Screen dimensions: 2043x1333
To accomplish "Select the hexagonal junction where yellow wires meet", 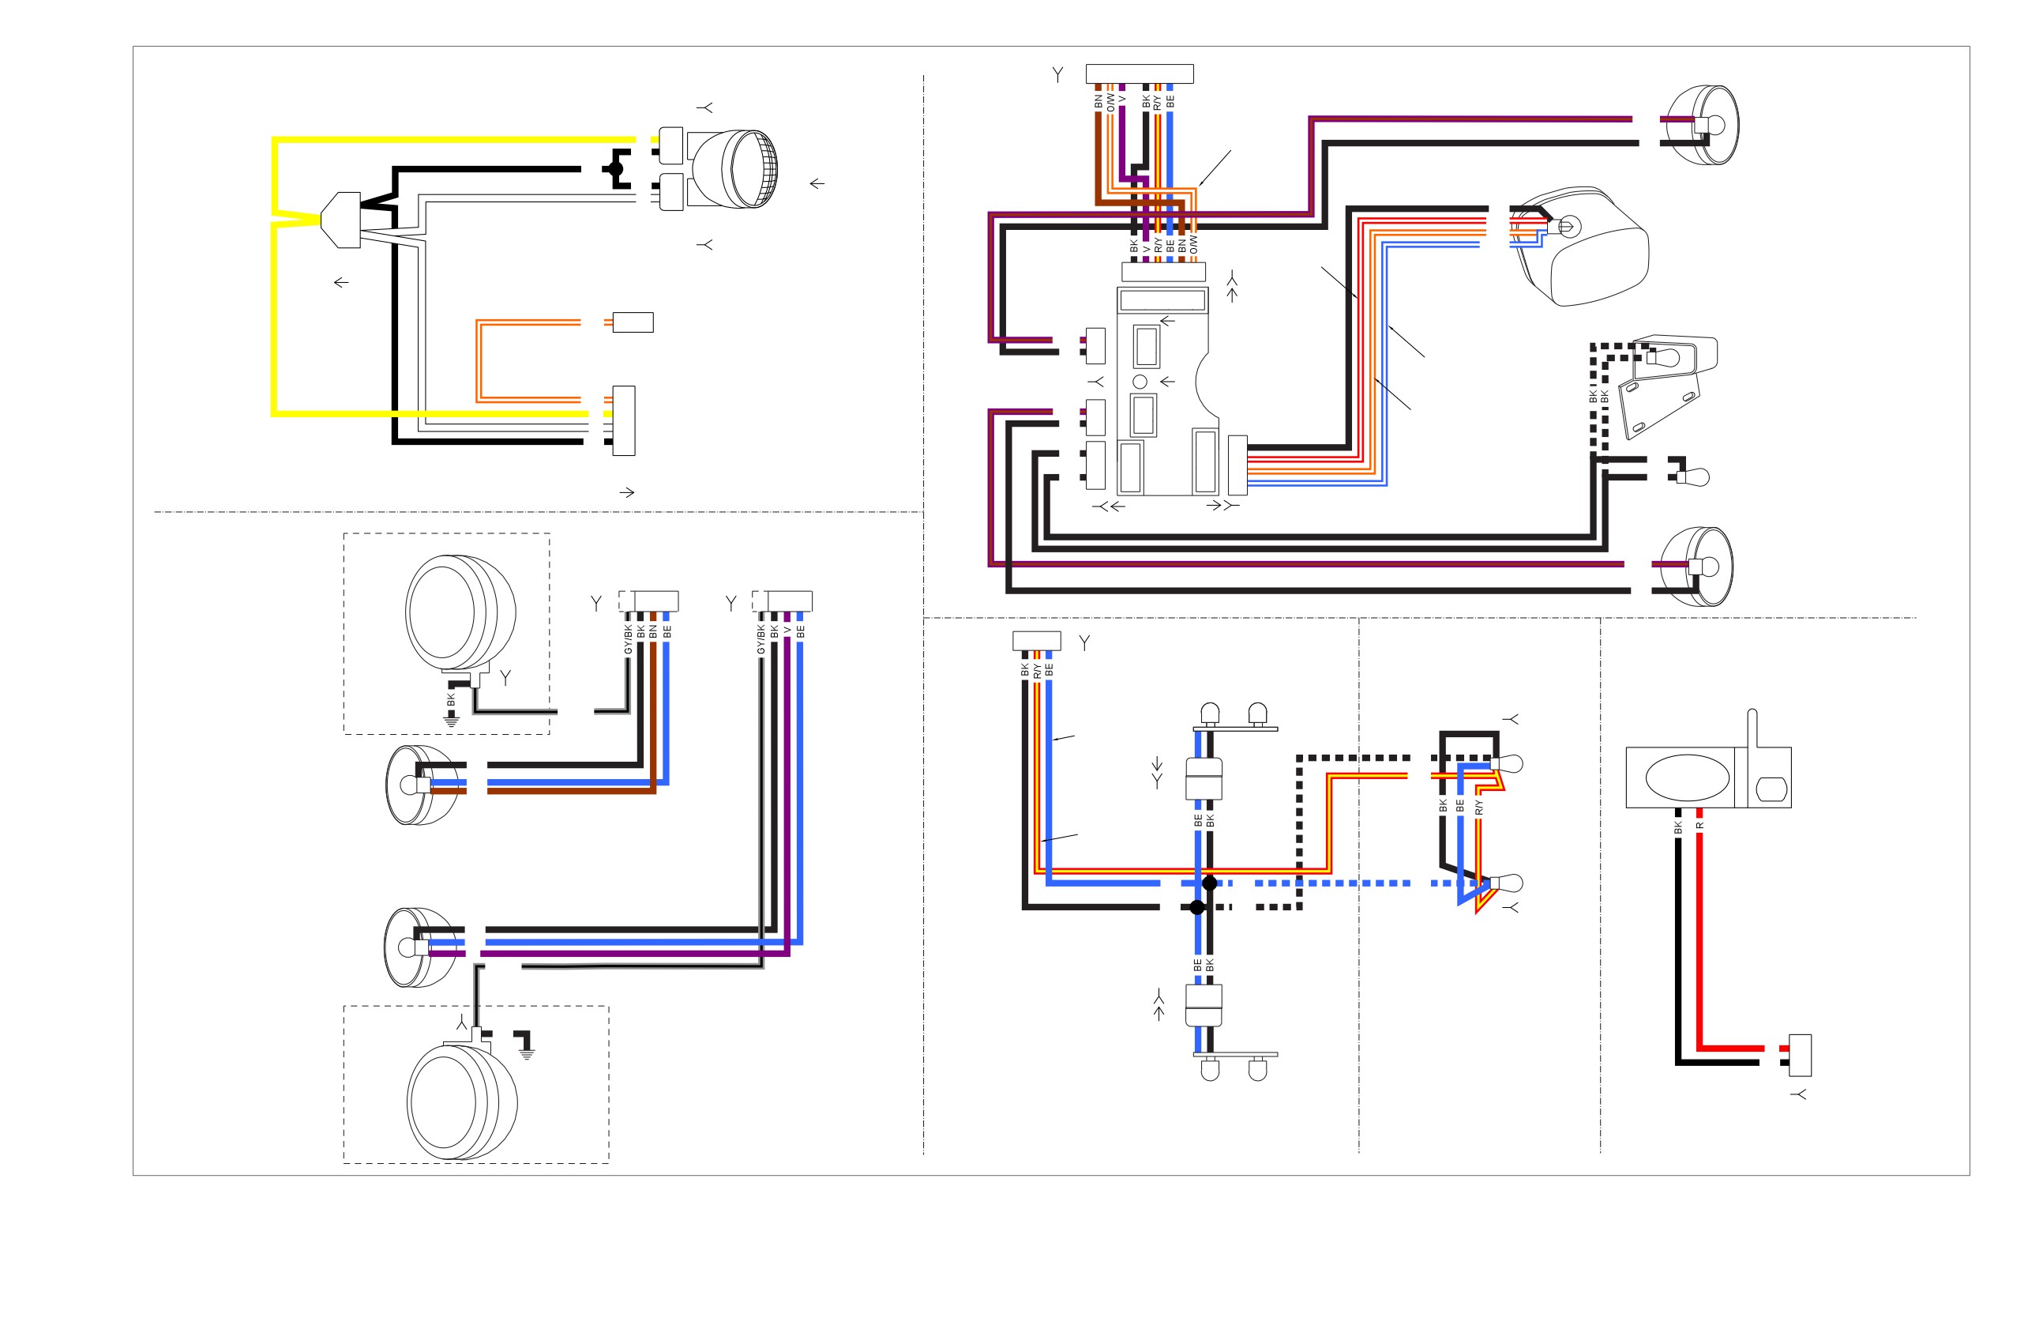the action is [341, 220].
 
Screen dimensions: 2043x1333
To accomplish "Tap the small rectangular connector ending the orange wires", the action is [633, 322].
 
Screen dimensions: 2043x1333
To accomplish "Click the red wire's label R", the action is [1699, 826].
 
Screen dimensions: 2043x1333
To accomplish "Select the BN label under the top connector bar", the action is [1098, 100].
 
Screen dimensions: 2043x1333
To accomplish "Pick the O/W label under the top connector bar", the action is [1110, 102].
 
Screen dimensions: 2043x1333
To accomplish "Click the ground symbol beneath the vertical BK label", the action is [452, 721].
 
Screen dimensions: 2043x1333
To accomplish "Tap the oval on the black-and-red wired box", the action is [1687, 778].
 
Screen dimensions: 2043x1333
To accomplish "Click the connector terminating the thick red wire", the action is [1800, 1055].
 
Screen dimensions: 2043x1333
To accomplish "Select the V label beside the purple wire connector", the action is [787, 631].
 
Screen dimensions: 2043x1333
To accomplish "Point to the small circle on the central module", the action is [1140, 382].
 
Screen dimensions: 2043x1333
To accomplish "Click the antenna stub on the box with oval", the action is [1752, 729].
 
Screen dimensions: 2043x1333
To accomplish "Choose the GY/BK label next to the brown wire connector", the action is [628, 639].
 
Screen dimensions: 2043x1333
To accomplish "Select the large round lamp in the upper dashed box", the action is [461, 613].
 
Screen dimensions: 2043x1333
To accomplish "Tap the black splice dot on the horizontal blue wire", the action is [1210, 883].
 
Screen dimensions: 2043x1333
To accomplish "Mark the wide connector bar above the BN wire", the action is [1139, 73].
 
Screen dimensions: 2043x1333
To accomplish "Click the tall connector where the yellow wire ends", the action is [624, 421].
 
